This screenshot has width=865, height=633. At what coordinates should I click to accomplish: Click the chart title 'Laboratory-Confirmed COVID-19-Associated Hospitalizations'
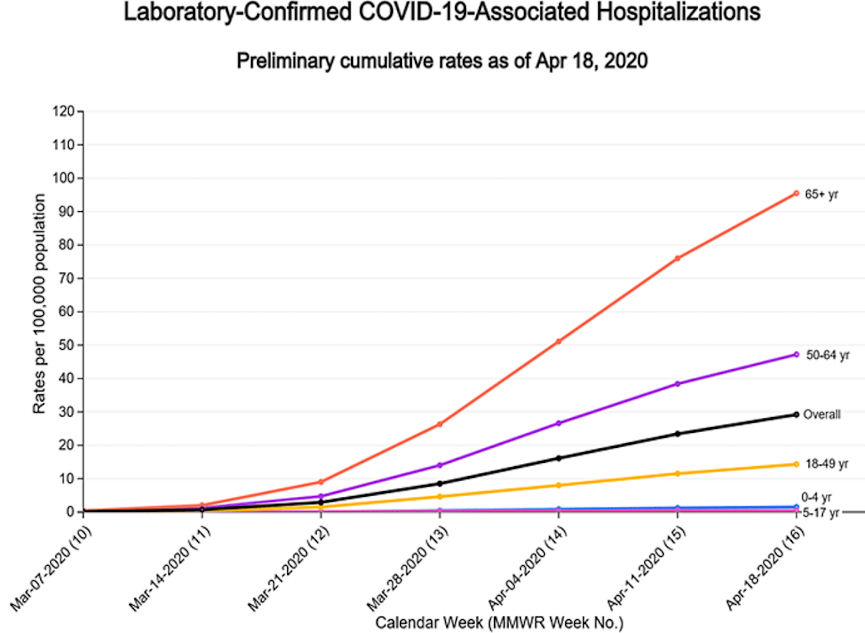coord(442,12)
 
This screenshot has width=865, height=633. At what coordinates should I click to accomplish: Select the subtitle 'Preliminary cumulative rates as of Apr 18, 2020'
coord(442,61)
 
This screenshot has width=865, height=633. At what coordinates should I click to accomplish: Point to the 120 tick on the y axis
coord(63,111)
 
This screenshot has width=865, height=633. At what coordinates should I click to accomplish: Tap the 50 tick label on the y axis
coord(66,345)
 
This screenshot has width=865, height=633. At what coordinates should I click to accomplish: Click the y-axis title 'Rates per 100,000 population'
coord(39,304)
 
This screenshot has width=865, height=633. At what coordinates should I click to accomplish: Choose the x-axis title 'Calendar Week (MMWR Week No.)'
coord(500,623)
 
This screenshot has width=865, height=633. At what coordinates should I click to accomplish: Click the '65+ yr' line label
coord(821,194)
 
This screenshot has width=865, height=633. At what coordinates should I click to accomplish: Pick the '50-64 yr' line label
coord(828,355)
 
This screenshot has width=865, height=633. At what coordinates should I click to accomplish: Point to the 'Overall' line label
coord(822,415)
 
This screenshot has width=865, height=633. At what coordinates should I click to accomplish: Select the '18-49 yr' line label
coord(827,464)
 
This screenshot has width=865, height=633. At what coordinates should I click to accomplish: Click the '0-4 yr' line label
coord(817,497)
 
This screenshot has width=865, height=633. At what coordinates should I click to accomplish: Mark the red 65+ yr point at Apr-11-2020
coord(678,258)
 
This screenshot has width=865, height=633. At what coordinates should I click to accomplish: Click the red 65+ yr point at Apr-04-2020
coord(558,341)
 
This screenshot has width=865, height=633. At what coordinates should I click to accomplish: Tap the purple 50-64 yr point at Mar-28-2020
coord(439,465)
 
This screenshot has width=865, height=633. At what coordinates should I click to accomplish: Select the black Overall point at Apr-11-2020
coord(678,433)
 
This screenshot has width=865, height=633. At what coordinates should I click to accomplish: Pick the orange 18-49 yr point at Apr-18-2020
coord(796,464)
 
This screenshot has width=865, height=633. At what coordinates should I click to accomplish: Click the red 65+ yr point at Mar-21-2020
coord(321,482)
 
